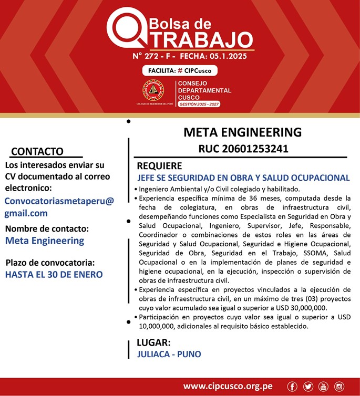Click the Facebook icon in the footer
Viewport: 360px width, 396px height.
click(x=292, y=387)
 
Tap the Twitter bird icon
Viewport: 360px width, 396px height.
click(x=308, y=387)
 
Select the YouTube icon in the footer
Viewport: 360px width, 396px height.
click(x=323, y=387)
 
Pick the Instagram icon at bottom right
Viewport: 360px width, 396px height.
click(x=339, y=387)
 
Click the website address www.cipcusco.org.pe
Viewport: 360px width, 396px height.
click(x=228, y=387)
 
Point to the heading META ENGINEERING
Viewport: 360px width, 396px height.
click(x=242, y=132)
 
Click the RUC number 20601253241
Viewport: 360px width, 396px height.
click(x=243, y=149)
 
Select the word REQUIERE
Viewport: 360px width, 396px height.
click(x=159, y=166)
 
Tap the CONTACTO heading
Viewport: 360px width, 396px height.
click(x=37, y=151)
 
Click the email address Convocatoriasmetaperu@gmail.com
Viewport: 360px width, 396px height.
click(x=59, y=207)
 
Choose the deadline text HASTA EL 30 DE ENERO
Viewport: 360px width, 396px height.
click(x=54, y=274)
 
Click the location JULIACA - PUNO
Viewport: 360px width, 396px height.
click(x=169, y=354)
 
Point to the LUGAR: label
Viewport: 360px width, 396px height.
click(x=153, y=342)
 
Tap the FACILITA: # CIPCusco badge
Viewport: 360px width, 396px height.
click(x=180, y=70)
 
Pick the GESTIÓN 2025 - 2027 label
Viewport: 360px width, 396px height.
click(x=199, y=104)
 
